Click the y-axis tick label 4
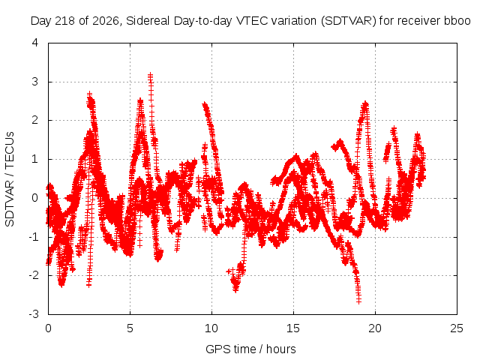(x=35, y=43)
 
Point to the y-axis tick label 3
(x=35, y=82)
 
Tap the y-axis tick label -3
(x=34, y=314)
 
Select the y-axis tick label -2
(x=34, y=275)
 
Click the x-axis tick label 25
(x=457, y=328)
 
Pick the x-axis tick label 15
(x=293, y=328)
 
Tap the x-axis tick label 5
(x=130, y=328)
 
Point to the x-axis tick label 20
(x=375, y=328)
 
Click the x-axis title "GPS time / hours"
(x=250, y=349)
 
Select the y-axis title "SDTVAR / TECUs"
(x=10, y=179)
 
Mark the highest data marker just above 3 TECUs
(x=150, y=75)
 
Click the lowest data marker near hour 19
(x=358, y=301)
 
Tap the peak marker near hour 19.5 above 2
(x=365, y=103)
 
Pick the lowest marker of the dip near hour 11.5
(x=235, y=290)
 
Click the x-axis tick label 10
(x=211, y=328)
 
